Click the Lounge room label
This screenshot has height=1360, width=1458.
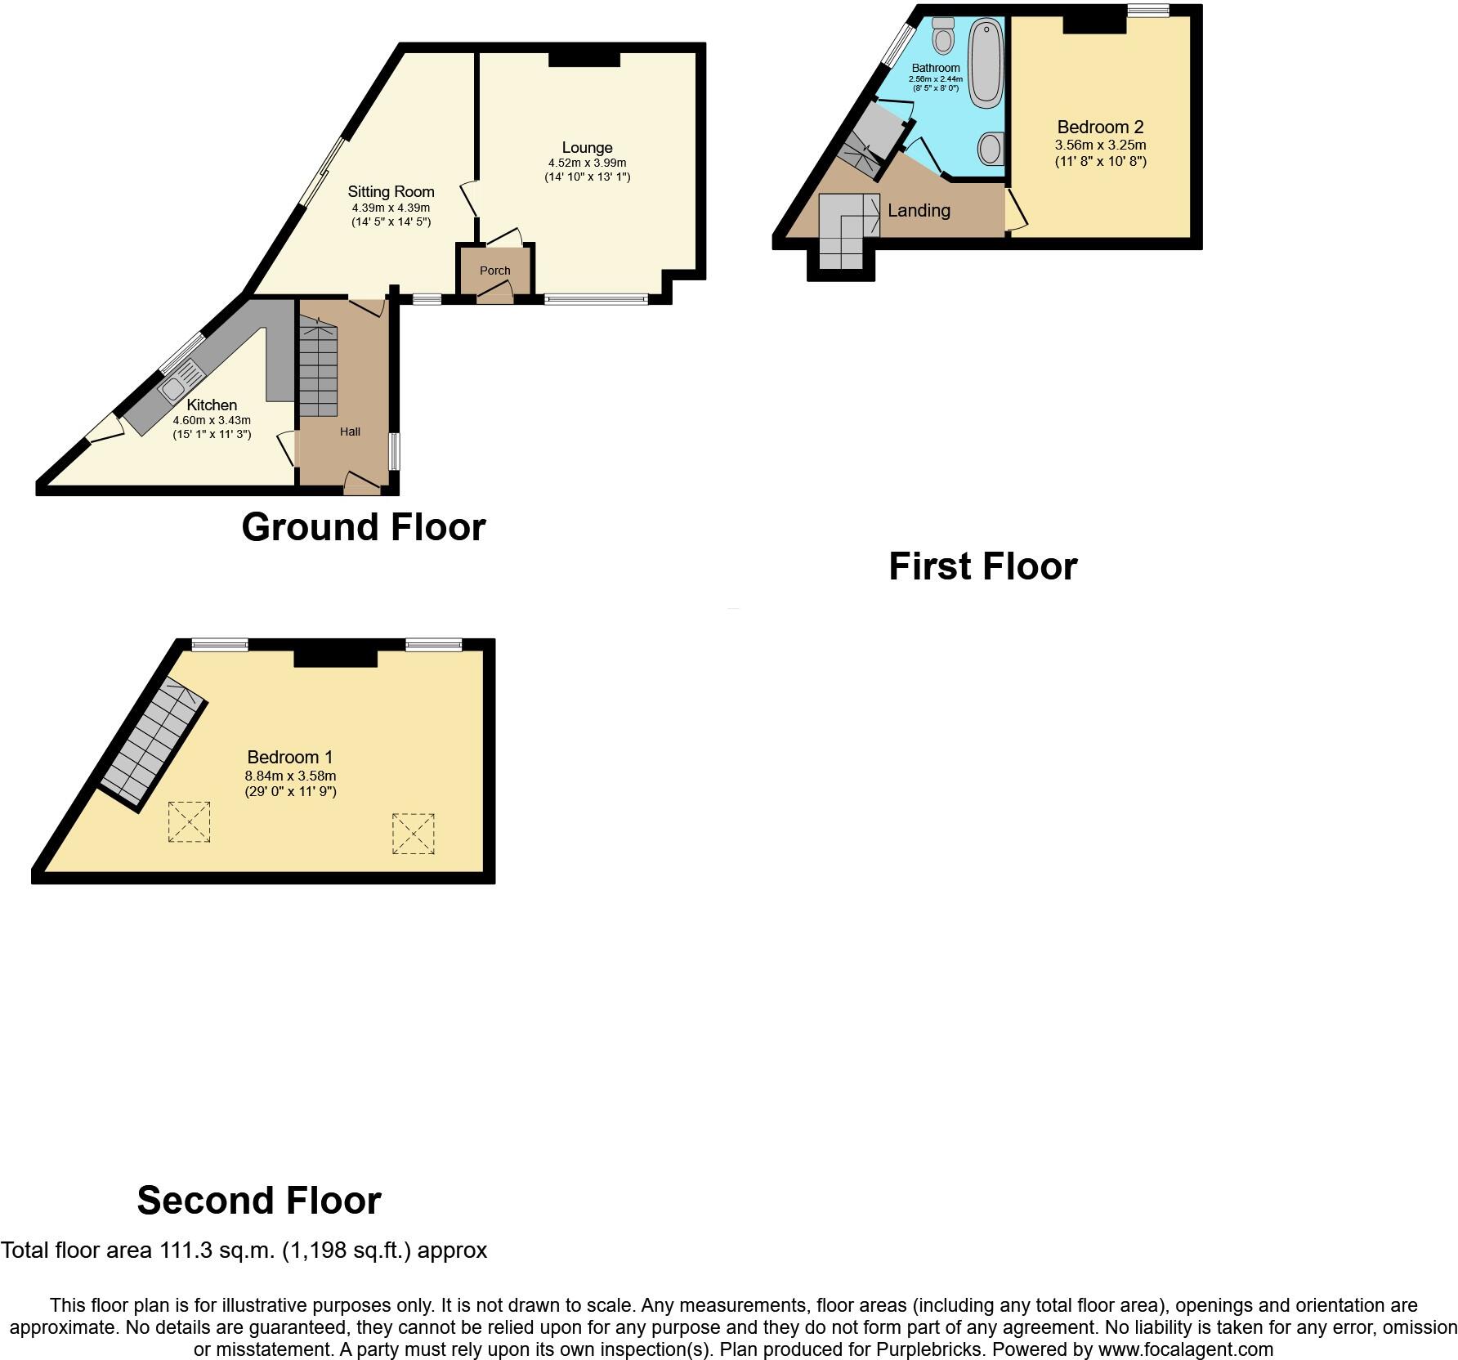click(587, 148)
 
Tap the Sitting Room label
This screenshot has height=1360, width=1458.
click(391, 192)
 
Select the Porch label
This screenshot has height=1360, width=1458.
click(494, 271)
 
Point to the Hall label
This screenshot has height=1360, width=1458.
click(350, 432)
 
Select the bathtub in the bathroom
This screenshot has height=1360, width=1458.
click(986, 64)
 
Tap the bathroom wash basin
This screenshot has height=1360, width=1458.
click(991, 149)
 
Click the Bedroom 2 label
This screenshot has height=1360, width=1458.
click(1100, 127)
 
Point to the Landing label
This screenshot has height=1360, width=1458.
click(919, 211)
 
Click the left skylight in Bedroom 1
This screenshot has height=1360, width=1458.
click(189, 821)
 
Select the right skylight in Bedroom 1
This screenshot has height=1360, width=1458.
click(413, 834)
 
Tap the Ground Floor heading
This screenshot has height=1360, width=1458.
click(364, 527)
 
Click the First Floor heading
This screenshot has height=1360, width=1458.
click(982, 566)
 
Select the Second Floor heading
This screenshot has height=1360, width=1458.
click(259, 1201)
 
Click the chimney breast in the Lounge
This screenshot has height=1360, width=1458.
click(584, 59)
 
